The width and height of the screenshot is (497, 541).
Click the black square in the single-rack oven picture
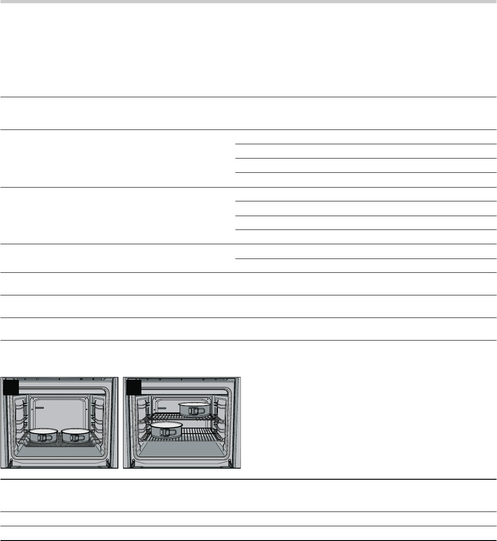11,387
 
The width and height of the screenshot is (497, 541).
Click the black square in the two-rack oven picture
134,387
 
